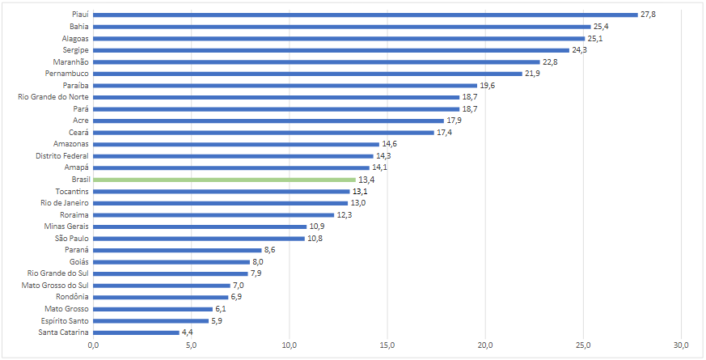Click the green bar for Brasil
(x=224, y=179)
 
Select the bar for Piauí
(x=366, y=14)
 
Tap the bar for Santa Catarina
(x=136, y=332)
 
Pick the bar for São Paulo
(x=199, y=238)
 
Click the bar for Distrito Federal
(x=233, y=155)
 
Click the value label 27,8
(x=649, y=14)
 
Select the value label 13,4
(x=366, y=179)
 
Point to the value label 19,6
(x=488, y=85)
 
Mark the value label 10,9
(x=317, y=227)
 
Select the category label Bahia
(x=79, y=26)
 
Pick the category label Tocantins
(x=72, y=191)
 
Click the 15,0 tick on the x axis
(x=387, y=346)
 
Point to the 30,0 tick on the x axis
(x=681, y=346)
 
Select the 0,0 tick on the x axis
(x=93, y=346)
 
